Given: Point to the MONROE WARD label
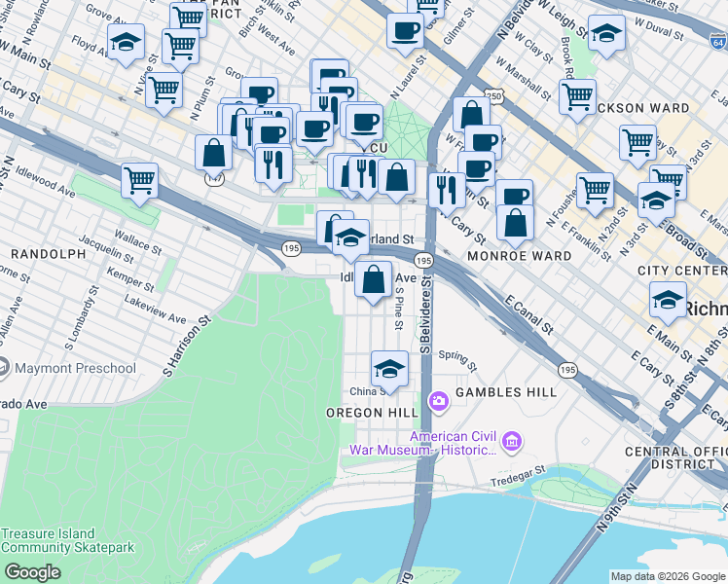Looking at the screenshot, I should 519,256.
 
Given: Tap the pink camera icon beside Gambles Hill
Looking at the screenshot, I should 438,400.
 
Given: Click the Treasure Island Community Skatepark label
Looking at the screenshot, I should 49,540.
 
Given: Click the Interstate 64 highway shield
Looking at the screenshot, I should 716,42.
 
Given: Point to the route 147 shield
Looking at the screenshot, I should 214,179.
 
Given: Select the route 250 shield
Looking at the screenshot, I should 495,97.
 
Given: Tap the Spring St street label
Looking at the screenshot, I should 457,360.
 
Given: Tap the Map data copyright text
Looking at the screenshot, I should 668,576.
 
